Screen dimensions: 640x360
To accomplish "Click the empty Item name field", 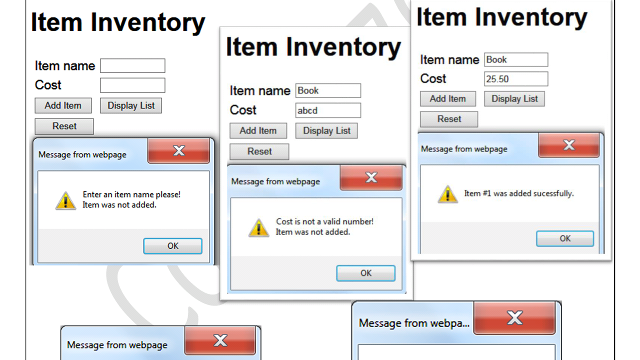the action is click(132, 65).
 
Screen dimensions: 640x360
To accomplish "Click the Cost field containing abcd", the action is click(328, 110).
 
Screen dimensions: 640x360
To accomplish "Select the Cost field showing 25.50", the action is click(516, 79).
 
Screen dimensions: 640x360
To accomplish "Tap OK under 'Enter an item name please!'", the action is click(173, 246).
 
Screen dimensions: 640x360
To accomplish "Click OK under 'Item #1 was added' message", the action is click(565, 238).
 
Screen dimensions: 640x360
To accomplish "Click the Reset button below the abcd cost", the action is click(259, 151).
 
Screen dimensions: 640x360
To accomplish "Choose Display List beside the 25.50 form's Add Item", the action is click(514, 99).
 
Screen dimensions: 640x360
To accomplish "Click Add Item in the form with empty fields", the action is click(63, 105).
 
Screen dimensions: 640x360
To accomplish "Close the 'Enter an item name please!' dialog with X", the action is click(179, 151).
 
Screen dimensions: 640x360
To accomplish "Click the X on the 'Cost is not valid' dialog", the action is click(371, 177).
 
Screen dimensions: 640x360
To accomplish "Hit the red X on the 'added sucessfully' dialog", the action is click(569, 145).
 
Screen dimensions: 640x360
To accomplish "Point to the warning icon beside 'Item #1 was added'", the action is click(447, 194).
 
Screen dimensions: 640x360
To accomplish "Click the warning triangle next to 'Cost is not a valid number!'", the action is click(258, 228).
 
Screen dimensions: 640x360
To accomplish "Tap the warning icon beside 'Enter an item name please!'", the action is click(65, 201).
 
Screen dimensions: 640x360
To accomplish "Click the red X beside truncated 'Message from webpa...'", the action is click(514, 318).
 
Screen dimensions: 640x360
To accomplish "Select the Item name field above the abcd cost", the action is click(328, 90).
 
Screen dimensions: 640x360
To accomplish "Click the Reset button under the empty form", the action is click(64, 126).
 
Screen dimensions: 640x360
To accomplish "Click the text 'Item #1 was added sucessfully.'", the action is click(519, 193).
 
